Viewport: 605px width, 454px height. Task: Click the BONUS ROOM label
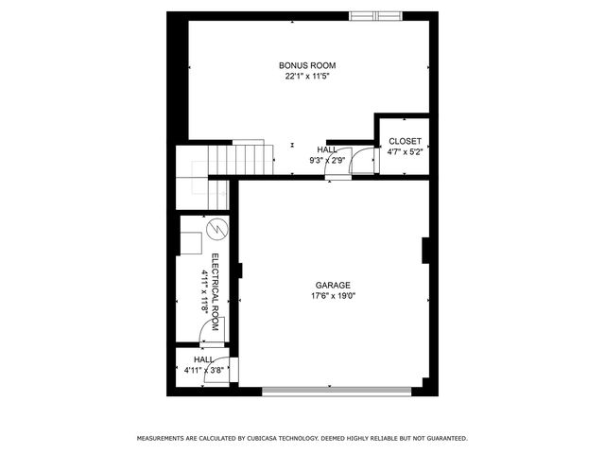[x=307, y=65]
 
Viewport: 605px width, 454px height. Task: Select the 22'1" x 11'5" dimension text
[x=307, y=76]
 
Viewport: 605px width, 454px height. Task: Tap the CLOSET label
[x=405, y=141]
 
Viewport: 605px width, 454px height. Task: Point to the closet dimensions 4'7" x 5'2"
[x=405, y=151]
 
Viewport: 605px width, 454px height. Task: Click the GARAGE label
[x=333, y=285]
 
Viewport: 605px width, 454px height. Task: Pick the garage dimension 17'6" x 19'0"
[x=333, y=295]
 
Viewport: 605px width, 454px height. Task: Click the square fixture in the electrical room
[x=191, y=242]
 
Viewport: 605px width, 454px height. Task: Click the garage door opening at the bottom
[x=337, y=390]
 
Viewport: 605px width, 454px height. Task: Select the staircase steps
[x=227, y=159]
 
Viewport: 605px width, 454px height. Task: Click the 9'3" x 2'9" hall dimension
[x=327, y=160]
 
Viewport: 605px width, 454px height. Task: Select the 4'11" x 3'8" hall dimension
[x=203, y=370]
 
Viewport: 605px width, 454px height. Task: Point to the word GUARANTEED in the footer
[x=444, y=439]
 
